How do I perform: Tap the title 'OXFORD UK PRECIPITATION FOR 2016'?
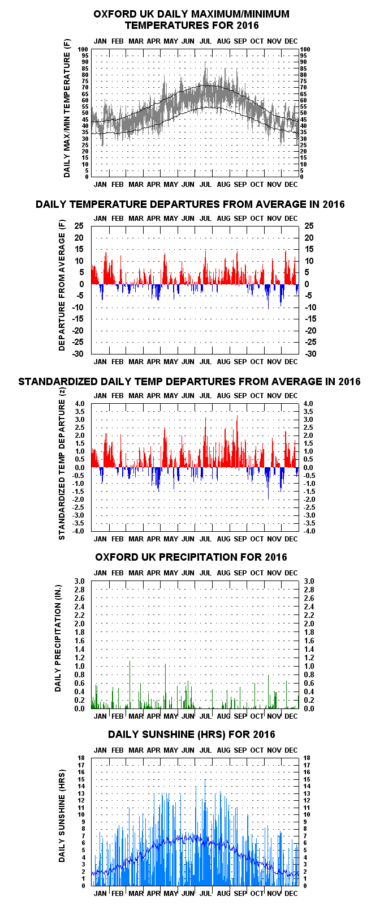tap(191, 557)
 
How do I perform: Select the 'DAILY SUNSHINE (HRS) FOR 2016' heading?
tap(192, 735)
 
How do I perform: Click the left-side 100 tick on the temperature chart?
tap(84, 49)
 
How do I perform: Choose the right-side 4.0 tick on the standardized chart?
tap(308, 404)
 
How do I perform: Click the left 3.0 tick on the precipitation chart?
tap(79, 581)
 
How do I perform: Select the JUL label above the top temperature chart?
tap(206, 41)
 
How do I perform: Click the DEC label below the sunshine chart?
tap(291, 893)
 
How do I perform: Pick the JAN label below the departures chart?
tap(101, 361)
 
